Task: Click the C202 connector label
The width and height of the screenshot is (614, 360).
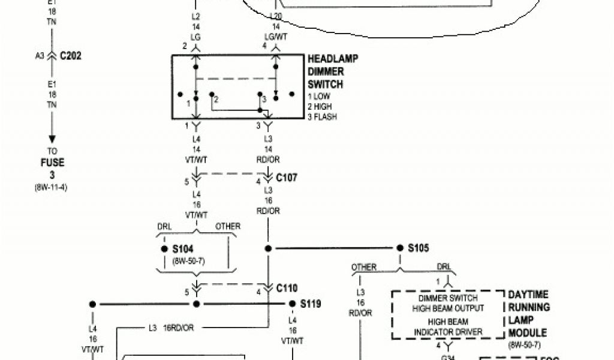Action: (x=71, y=56)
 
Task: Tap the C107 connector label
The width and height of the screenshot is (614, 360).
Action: (x=287, y=178)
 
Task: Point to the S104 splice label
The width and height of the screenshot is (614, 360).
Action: (x=182, y=249)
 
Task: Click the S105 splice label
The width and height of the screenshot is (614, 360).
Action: (x=419, y=248)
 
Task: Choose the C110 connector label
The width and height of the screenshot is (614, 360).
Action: (x=287, y=288)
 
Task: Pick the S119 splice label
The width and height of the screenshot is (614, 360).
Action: (x=311, y=304)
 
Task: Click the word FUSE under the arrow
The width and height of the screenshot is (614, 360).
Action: (x=52, y=163)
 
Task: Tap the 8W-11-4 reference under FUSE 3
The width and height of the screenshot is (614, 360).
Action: (x=52, y=187)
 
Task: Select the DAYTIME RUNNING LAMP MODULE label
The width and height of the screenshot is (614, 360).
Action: (x=528, y=314)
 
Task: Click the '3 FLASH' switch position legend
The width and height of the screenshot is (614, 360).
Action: (x=322, y=117)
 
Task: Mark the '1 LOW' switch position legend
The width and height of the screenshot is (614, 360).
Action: (x=319, y=97)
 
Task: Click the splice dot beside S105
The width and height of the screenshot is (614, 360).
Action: (x=400, y=248)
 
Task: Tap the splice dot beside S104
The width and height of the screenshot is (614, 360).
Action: (x=164, y=249)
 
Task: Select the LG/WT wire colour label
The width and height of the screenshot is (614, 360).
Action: (x=275, y=37)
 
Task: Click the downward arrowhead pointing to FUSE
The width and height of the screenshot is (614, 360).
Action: (x=52, y=140)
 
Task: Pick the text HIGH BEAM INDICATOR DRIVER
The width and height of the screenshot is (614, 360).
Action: (x=448, y=327)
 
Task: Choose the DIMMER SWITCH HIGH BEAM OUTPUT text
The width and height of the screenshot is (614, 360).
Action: (x=448, y=303)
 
